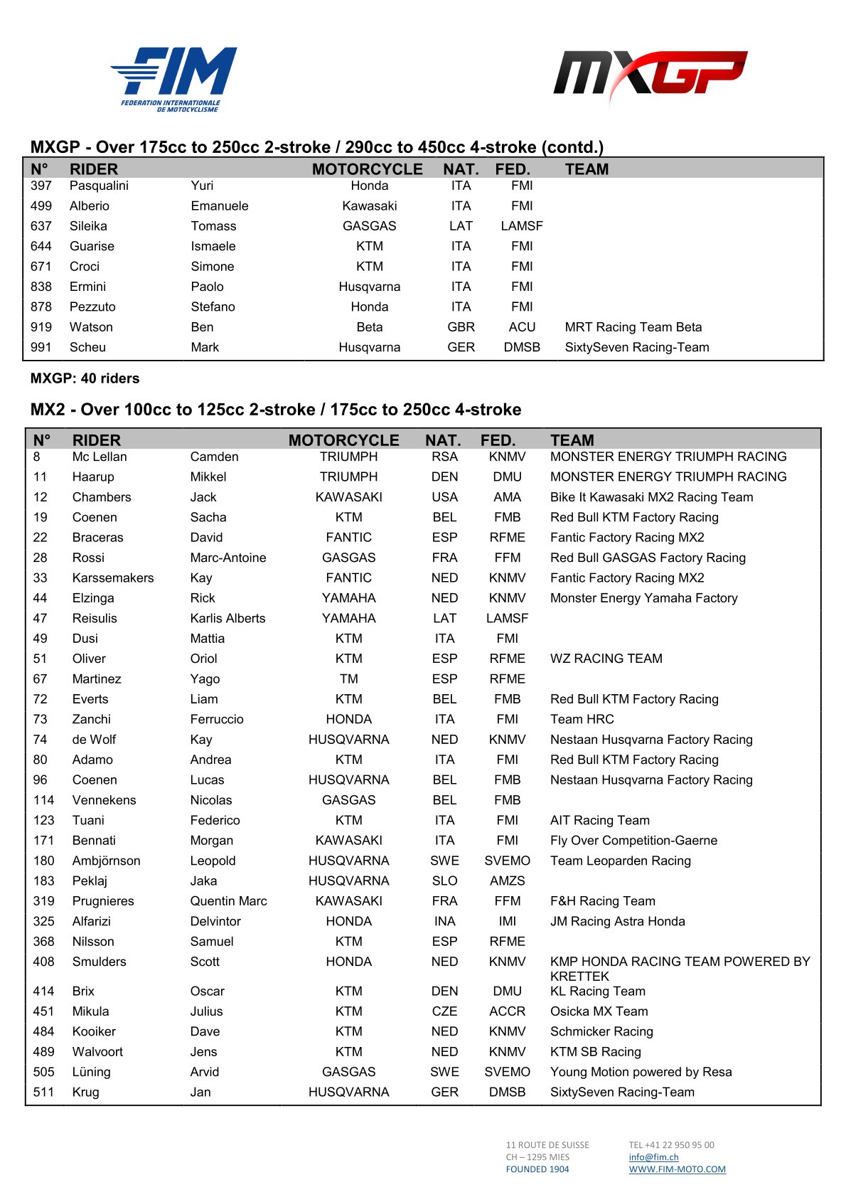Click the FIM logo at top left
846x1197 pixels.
[x=174, y=78]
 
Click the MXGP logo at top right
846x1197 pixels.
[x=650, y=74]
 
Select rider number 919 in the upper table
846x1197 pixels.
[x=41, y=327]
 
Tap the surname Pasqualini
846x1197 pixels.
[x=99, y=186]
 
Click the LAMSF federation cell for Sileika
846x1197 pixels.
[x=521, y=226]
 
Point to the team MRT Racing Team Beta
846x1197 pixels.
[x=633, y=327]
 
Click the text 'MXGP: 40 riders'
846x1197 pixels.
[x=85, y=378]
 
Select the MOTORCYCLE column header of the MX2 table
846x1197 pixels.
[x=343, y=440]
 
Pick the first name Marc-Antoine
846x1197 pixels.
[x=228, y=558]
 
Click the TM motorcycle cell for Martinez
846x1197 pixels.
[x=348, y=679]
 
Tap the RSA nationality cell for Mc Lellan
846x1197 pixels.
[x=444, y=457]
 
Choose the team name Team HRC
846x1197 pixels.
[x=582, y=719]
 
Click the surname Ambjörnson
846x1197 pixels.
[x=106, y=861]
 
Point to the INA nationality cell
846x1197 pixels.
[x=444, y=921]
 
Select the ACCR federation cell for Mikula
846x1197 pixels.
[x=507, y=1011]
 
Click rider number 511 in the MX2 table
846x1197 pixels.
[x=43, y=1092]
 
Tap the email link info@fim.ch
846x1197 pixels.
[x=653, y=1157]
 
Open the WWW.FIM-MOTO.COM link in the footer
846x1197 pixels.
[x=677, y=1169]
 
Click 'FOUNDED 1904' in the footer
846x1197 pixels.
[x=537, y=1169]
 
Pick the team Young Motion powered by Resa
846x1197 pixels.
[x=641, y=1072]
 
